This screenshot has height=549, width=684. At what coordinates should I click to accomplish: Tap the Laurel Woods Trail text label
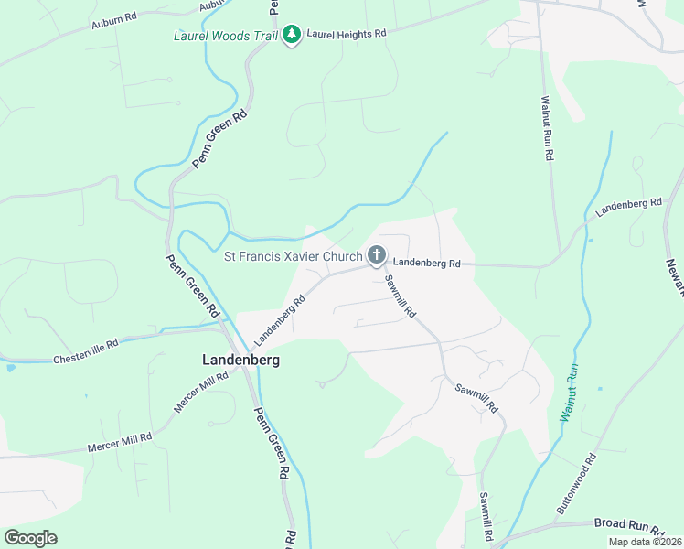(x=225, y=36)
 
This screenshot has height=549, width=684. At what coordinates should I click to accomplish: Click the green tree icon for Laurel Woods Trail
(x=292, y=35)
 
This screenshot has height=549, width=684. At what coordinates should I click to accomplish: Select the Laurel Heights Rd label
(x=347, y=33)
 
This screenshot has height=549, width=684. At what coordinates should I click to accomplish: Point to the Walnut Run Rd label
(x=546, y=128)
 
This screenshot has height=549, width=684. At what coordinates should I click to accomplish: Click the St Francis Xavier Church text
(x=293, y=255)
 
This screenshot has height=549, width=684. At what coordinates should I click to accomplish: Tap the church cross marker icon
(x=376, y=254)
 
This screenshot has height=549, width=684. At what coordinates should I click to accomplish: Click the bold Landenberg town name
(x=240, y=361)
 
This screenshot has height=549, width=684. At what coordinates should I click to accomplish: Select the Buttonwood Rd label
(x=576, y=482)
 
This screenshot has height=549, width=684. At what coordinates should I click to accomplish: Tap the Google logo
(x=30, y=538)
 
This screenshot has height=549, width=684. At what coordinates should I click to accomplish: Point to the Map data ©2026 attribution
(x=645, y=542)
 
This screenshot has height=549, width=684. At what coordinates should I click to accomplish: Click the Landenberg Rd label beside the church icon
(x=428, y=264)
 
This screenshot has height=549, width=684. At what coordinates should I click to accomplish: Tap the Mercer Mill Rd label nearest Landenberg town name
(x=201, y=392)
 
